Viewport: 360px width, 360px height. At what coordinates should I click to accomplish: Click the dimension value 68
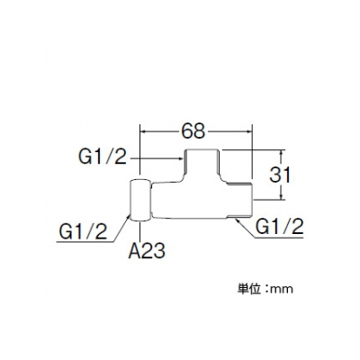tap(193, 131)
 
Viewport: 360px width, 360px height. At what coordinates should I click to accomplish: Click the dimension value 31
tap(280, 175)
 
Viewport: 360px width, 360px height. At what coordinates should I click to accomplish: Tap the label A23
tap(147, 250)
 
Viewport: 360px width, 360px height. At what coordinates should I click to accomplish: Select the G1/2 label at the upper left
tap(103, 157)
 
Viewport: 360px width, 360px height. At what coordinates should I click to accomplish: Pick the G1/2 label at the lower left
tap(83, 232)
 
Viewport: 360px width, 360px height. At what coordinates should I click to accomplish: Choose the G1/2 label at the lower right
tap(280, 227)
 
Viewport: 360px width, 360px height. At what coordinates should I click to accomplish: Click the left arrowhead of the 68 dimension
tap(143, 131)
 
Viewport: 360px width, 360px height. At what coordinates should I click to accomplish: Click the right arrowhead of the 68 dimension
tap(248, 131)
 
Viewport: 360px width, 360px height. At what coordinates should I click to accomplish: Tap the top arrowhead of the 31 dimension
tap(282, 153)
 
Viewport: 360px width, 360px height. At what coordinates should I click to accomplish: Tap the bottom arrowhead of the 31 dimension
tap(282, 196)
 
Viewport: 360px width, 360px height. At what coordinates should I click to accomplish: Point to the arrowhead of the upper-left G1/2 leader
tap(181, 157)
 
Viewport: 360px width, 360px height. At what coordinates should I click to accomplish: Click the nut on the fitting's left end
tap(139, 201)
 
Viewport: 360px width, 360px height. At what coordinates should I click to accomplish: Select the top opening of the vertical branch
tap(202, 149)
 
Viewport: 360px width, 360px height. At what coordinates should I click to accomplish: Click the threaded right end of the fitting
tap(239, 201)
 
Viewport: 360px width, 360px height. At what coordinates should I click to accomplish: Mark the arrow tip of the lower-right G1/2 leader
tap(236, 220)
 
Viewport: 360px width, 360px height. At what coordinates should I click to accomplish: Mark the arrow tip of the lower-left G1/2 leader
tap(130, 215)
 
